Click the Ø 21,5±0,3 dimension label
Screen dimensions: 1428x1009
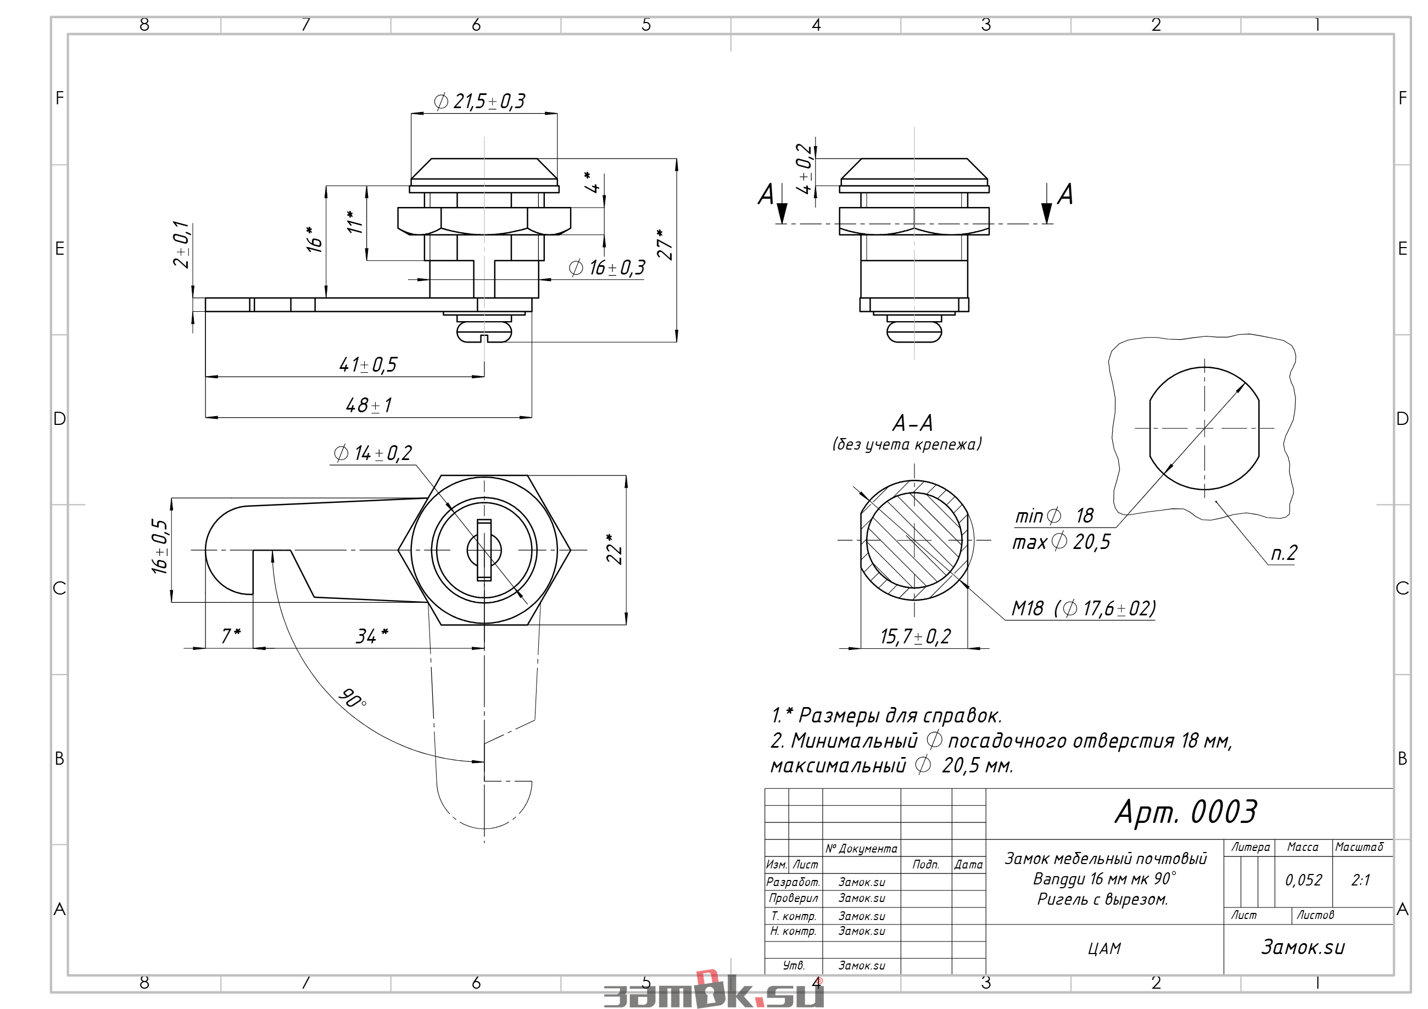[479, 102]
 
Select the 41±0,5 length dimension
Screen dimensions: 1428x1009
[367, 365]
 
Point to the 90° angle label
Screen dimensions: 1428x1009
[352, 698]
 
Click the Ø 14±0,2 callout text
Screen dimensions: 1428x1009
[372, 453]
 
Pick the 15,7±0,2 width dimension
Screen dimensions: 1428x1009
[916, 637]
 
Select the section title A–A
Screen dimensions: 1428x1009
[912, 423]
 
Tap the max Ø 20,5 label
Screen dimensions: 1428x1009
[1061, 541]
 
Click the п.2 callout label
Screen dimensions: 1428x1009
[1284, 553]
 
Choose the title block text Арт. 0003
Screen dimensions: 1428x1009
[1185, 812]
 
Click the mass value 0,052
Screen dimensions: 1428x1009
[1304, 879]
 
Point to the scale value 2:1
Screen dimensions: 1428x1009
[1360, 879]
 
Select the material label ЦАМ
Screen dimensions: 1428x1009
[1104, 949]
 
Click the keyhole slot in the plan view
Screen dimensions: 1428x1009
[484, 550]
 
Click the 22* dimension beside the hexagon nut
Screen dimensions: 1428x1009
[614, 549]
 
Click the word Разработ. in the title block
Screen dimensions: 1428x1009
[793, 882]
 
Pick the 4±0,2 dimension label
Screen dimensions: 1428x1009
[804, 169]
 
